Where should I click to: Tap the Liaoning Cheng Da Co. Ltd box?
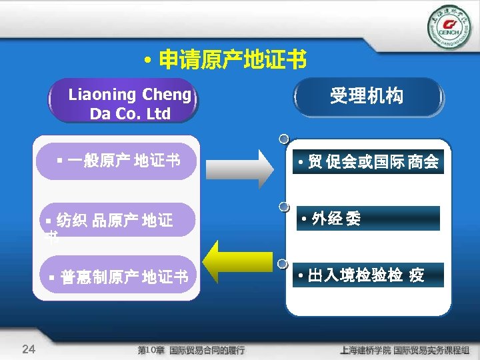[124, 103]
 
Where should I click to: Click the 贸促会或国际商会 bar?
[368, 162]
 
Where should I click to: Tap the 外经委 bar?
[368, 219]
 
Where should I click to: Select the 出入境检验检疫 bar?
[368, 275]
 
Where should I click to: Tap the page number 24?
[29, 348]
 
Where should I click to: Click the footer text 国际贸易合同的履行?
[207, 349]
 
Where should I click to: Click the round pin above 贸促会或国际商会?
[284, 140]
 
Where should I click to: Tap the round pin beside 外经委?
[284, 207]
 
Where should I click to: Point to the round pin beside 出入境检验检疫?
[284, 265]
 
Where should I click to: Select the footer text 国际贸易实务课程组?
[431, 349]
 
